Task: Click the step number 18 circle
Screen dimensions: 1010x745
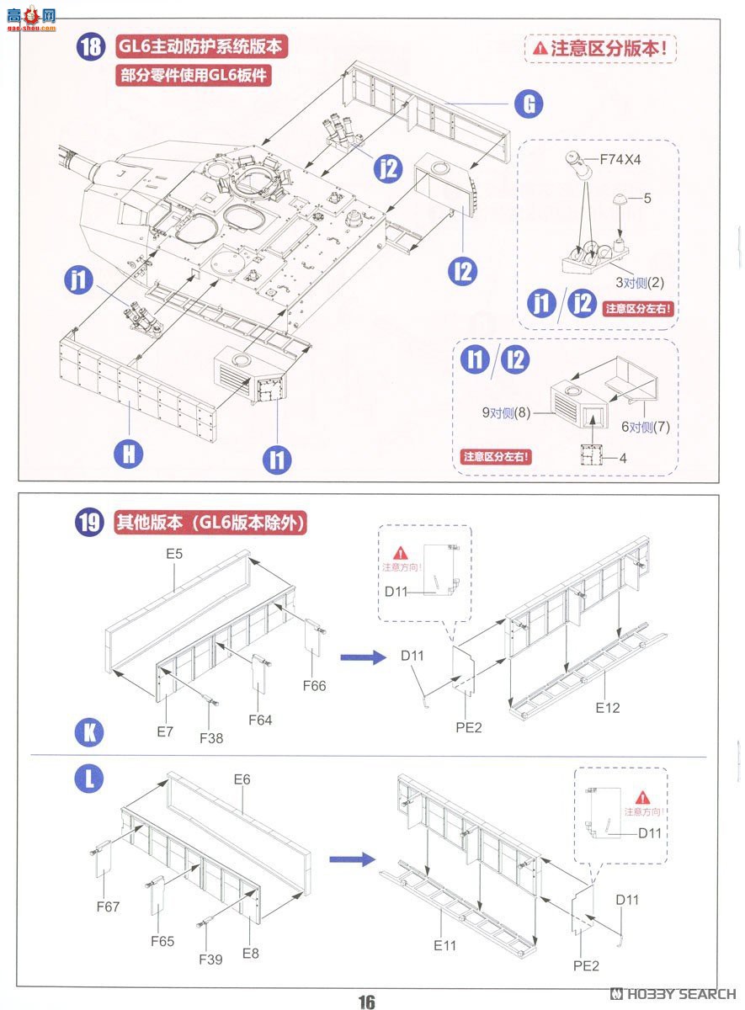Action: click(x=90, y=46)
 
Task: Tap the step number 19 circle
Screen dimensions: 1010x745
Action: click(x=90, y=522)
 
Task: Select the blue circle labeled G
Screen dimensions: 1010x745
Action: click(x=529, y=104)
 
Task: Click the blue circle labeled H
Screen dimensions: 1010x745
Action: click(x=128, y=454)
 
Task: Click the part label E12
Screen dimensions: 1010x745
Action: click(x=607, y=708)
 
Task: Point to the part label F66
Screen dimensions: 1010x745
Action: click(x=314, y=686)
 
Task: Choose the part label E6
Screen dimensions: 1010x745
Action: click(x=242, y=779)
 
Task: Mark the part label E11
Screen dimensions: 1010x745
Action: click(x=445, y=945)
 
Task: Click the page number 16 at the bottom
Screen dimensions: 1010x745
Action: click(x=366, y=1001)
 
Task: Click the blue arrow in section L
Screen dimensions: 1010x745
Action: click(x=351, y=858)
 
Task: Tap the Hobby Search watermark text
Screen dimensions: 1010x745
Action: click(x=674, y=994)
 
